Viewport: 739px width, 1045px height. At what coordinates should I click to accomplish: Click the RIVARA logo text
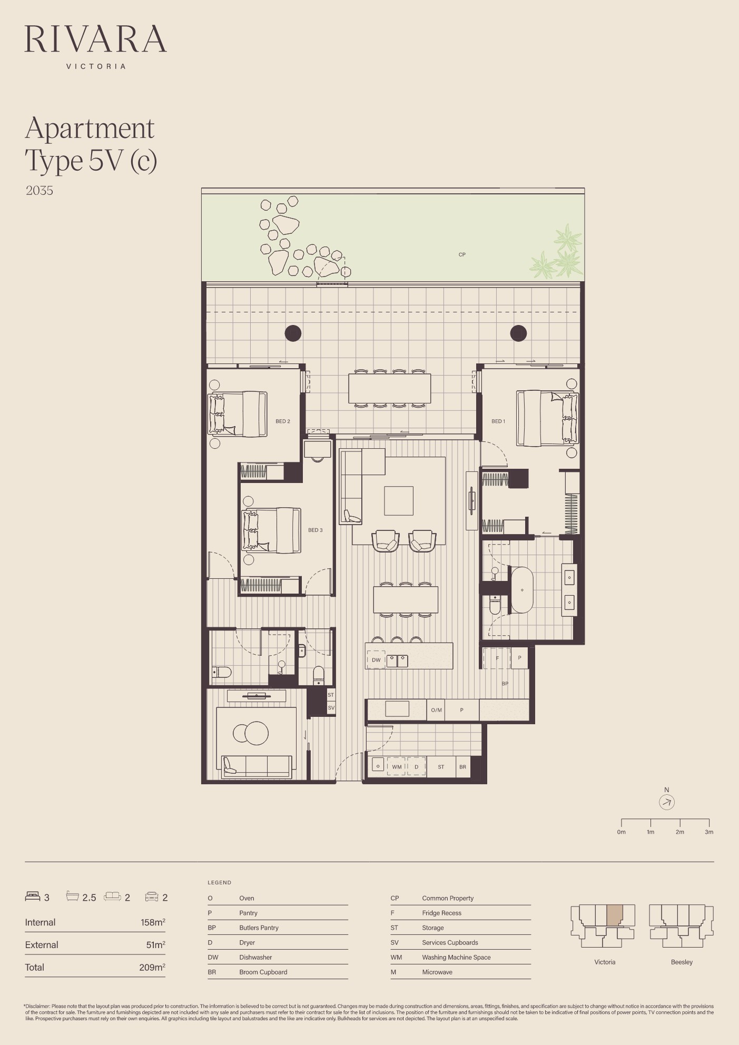pyautogui.click(x=95, y=38)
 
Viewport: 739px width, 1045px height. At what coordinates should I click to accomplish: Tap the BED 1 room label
pyautogui.click(x=498, y=421)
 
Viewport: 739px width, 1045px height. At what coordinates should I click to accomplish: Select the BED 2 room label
pyautogui.click(x=283, y=421)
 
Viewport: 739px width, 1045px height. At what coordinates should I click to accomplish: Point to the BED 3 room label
pyautogui.click(x=316, y=530)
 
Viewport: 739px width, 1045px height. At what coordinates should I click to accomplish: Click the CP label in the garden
pyautogui.click(x=462, y=254)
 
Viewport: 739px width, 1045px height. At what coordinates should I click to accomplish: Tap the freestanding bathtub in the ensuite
pyautogui.click(x=522, y=590)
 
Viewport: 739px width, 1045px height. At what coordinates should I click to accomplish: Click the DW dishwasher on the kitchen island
pyautogui.click(x=376, y=660)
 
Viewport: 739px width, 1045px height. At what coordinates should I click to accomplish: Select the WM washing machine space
pyautogui.click(x=397, y=767)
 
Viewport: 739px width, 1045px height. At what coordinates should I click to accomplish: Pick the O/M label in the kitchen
pyautogui.click(x=437, y=710)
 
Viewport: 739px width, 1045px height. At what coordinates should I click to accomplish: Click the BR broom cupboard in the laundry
pyautogui.click(x=462, y=767)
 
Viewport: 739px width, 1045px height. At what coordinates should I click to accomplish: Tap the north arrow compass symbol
pyautogui.click(x=667, y=802)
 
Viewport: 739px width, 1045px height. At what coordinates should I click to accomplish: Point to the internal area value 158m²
pyautogui.click(x=153, y=922)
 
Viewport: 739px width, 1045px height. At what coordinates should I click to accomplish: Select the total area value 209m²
pyautogui.click(x=152, y=967)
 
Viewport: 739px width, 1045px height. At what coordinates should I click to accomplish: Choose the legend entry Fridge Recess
pyautogui.click(x=441, y=913)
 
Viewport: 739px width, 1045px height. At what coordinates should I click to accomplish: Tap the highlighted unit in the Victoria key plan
pyautogui.click(x=614, y=915)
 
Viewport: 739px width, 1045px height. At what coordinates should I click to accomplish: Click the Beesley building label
pyautogui.click(x=682, y=962)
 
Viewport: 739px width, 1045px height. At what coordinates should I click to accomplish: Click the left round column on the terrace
pyautogui.click(x=293, y=333)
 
